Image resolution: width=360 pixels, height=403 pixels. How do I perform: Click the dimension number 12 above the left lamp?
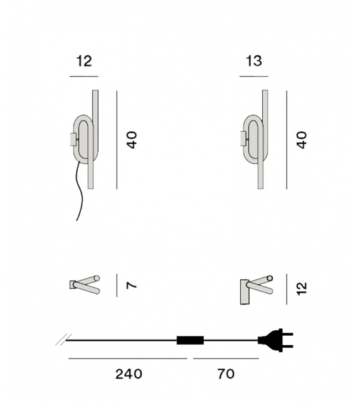(84, 61)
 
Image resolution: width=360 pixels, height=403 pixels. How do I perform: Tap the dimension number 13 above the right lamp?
(253, 61)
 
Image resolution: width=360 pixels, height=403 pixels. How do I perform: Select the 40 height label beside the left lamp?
(131, 139)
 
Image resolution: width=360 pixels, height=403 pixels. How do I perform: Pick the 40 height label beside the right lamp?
(302, 139)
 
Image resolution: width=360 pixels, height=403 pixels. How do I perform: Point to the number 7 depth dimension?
(131, 285)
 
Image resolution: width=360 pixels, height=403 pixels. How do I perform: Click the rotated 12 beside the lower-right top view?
(302, 288)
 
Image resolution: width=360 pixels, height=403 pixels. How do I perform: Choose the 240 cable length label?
(129, 374)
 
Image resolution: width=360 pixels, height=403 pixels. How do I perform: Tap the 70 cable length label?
(226, 374)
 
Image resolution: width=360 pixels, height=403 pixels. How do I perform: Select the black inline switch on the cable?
(191, 341)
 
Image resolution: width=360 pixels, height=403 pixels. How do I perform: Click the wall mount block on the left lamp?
(73, 138)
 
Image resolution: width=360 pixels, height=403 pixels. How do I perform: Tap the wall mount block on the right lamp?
(243, 138)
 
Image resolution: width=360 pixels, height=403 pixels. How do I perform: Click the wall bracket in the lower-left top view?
(73, 284)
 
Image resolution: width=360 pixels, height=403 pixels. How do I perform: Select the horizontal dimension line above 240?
(128, 358)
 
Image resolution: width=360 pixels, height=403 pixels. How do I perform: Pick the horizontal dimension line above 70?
(226, 358)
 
